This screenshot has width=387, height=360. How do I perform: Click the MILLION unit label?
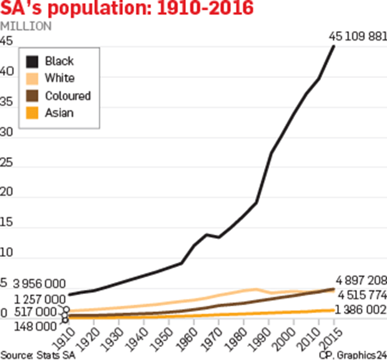coord(26,27)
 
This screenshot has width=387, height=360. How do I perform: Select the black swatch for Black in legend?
coord(33,61)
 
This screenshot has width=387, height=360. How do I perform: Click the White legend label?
coord(60,79)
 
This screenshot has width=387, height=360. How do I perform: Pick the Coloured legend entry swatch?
coord(33,96)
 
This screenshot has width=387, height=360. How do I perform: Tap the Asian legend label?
coord(59,113)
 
